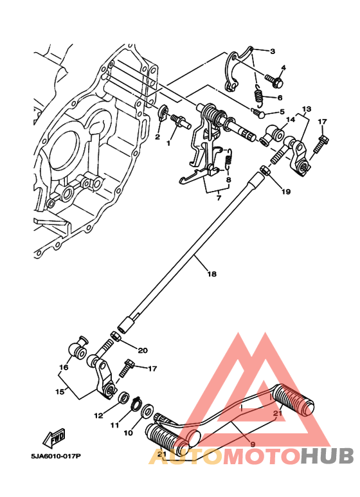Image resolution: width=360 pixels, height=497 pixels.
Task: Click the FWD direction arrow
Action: [x=55, y=438]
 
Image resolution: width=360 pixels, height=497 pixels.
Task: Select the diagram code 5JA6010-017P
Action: [x=56, y=456]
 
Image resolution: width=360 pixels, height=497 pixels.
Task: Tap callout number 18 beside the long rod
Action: [x=212, y=273]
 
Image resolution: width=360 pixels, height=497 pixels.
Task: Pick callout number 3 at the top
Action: [x=273, y=51]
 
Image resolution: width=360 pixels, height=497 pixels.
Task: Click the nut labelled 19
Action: [x=265, y=171]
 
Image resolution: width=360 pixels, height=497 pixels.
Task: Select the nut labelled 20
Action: [x=115, y=336]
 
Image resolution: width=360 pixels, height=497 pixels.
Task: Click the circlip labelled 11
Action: [x=136, y=404]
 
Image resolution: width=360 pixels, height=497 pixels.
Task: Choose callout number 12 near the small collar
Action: [x=98, y=415]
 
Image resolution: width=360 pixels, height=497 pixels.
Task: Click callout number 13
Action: [x=307, y=109]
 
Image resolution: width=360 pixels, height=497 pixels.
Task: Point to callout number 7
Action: [x=219, y=198]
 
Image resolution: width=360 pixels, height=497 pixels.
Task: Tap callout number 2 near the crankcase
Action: [x=157, y=137]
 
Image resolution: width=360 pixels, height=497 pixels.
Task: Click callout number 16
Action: [x=64, y=367]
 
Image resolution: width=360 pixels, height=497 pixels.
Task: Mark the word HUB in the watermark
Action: [x=327, y=456]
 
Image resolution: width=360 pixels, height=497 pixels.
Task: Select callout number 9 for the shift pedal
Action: [x=253, y=444]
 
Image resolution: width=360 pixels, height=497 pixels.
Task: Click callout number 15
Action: [x=60, y=392]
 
